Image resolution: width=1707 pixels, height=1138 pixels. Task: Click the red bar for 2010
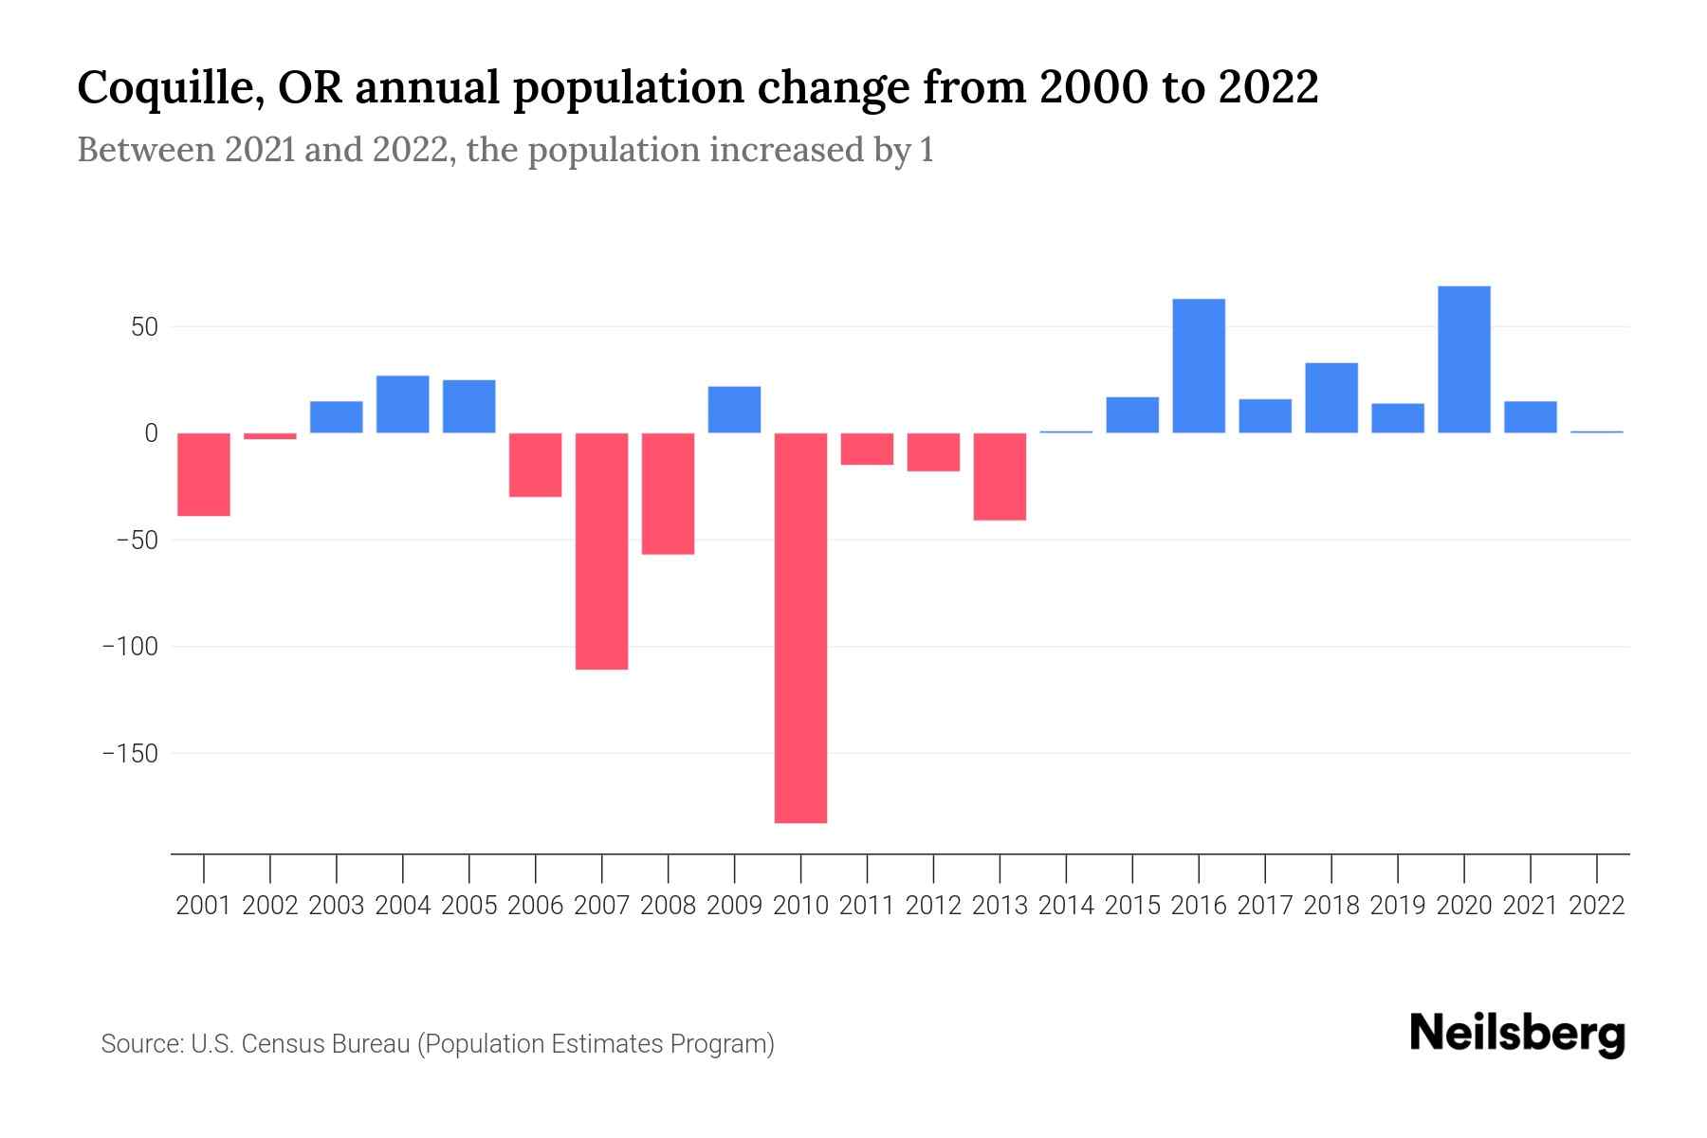point(800,628)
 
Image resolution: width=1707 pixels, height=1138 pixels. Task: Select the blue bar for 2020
point(1463,359)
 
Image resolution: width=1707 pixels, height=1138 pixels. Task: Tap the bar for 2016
point(1199,366)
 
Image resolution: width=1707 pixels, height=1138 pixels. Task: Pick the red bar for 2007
point(601,551)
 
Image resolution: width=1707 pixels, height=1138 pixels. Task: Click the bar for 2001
point(204,474)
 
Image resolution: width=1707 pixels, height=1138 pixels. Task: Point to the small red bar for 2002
point(270,436)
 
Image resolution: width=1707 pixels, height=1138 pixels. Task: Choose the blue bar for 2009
point(734,410)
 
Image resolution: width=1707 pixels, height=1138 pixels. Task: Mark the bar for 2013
point(1000,476)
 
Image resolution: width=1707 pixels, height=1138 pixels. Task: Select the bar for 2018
point(1331,398)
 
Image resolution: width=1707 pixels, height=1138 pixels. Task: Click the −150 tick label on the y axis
point(130,754)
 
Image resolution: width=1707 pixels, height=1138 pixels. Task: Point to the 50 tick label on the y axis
point(144,328)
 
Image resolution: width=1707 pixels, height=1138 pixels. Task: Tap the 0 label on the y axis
point(151,434)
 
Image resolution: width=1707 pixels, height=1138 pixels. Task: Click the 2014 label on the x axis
point(1066,906)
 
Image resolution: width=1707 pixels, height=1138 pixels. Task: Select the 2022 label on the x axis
point(1597,906)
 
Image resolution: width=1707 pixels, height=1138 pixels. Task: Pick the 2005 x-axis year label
point(469,906)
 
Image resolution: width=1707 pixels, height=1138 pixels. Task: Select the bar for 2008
point(668,493)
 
